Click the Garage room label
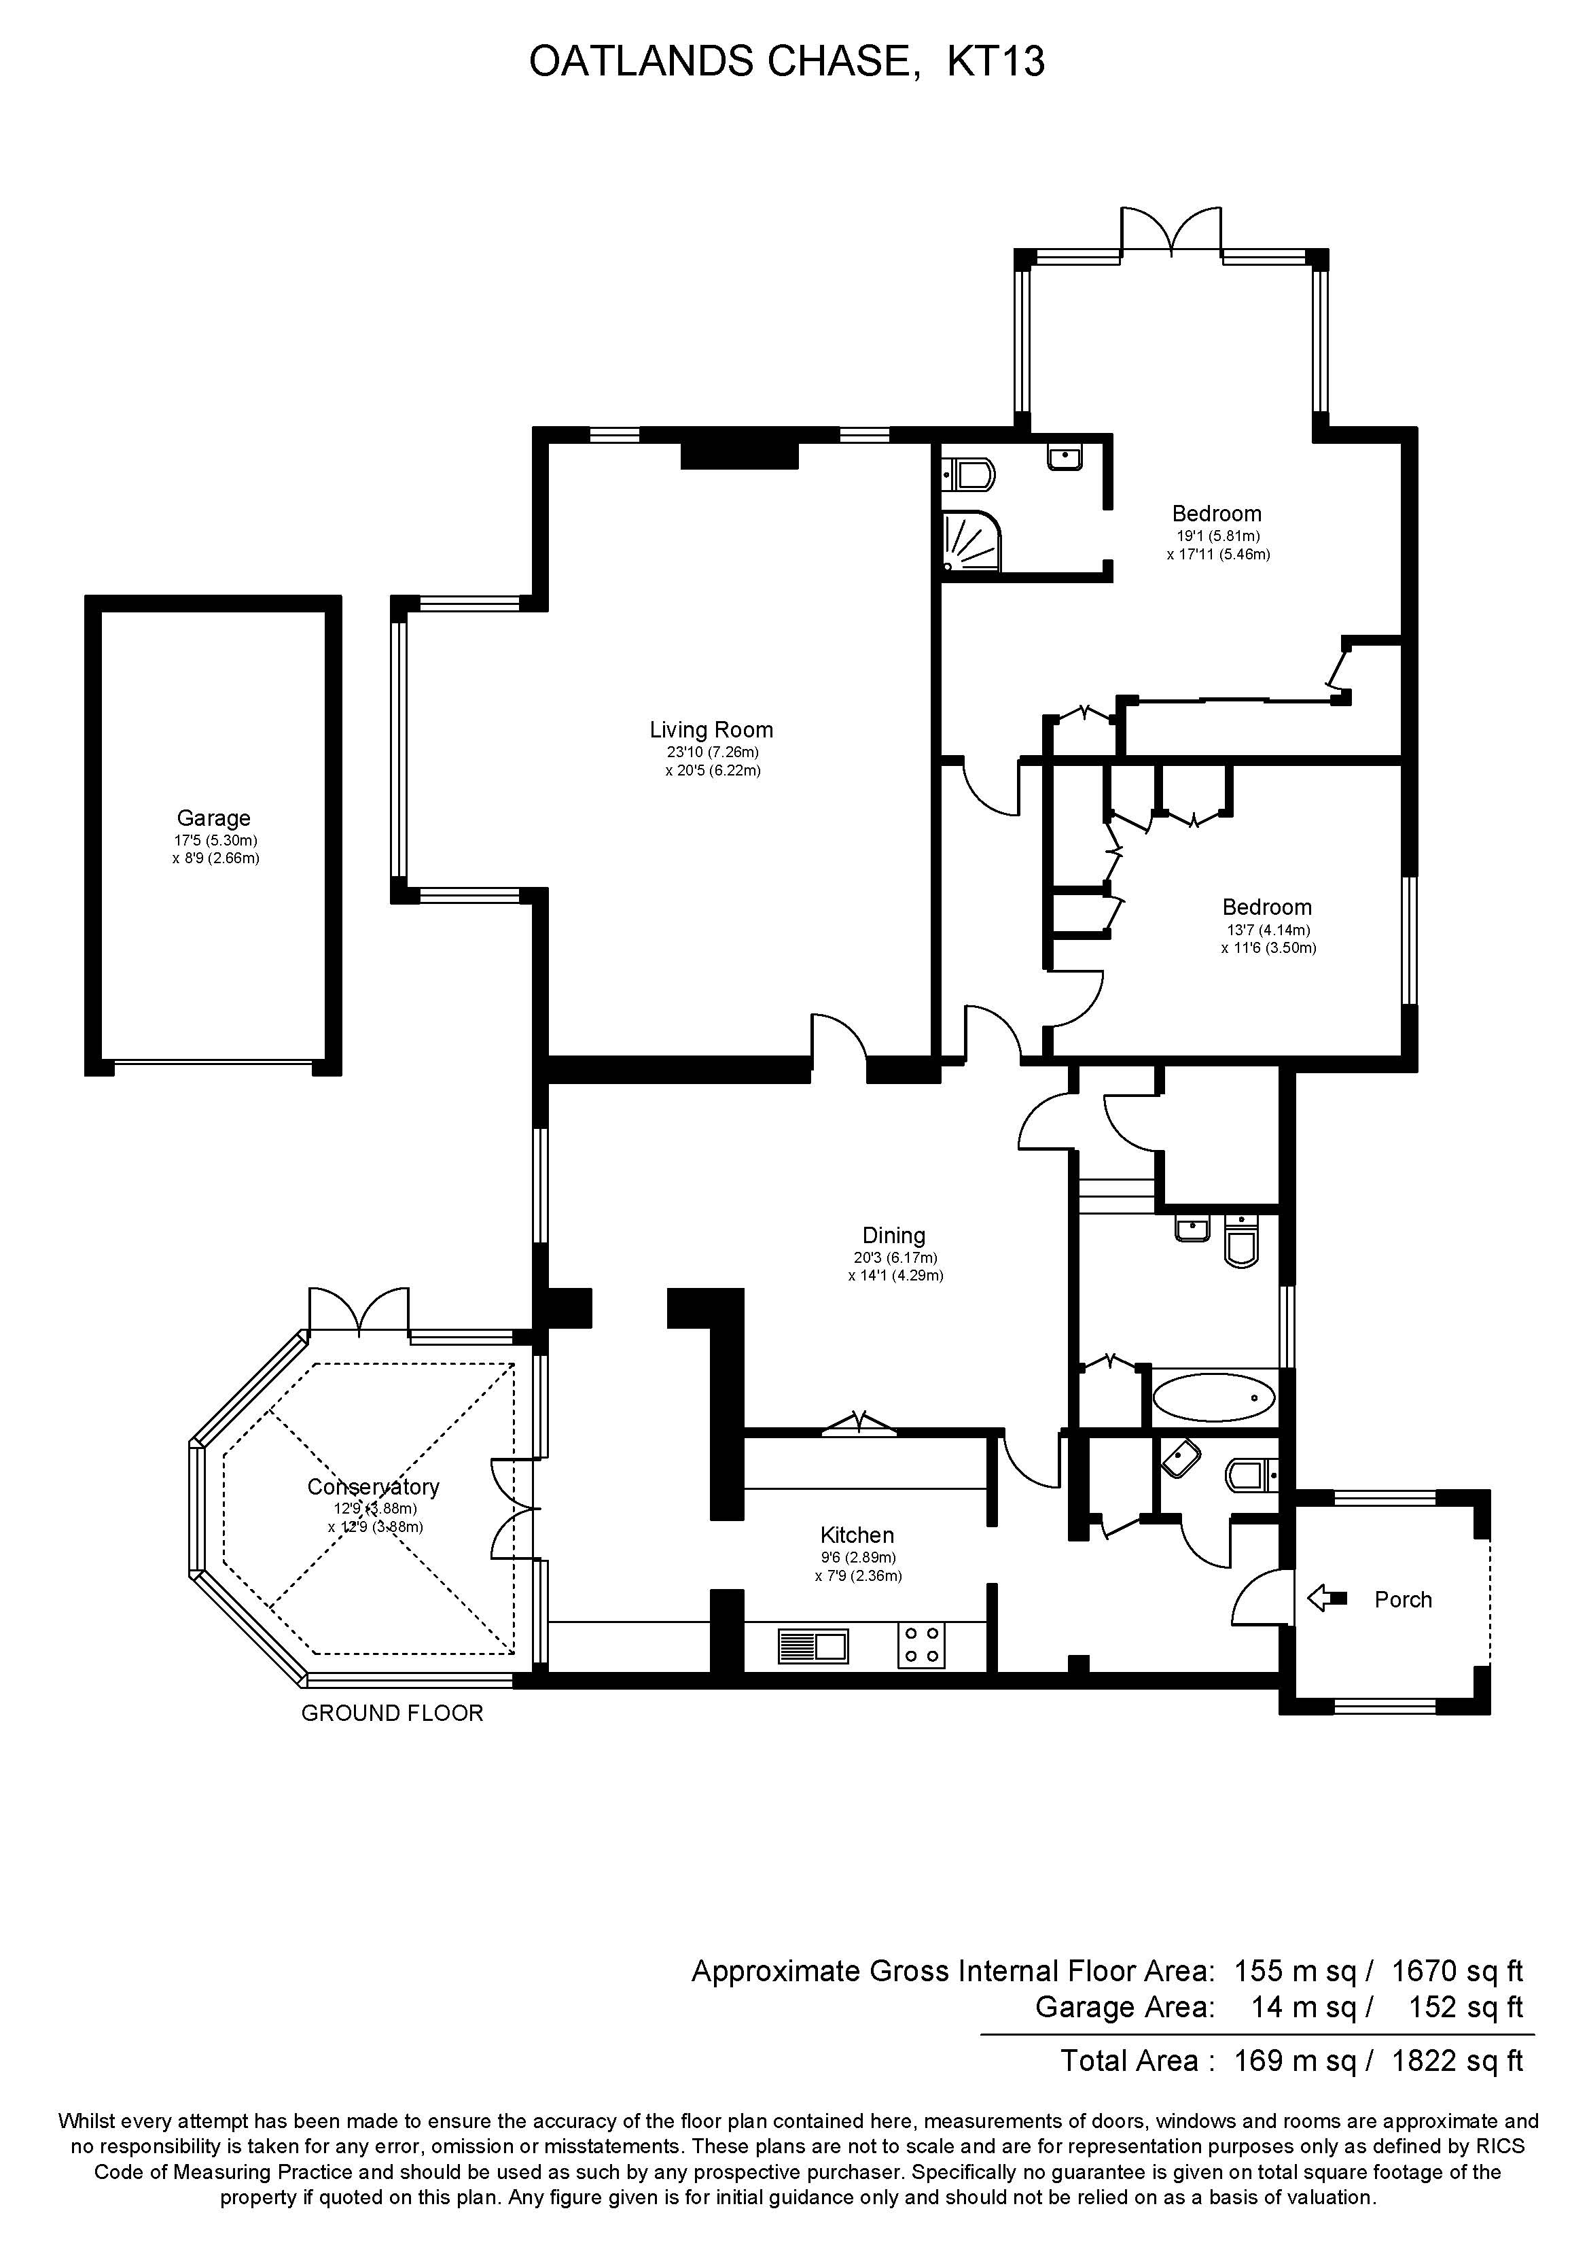point(213,818)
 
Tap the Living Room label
point(711,730)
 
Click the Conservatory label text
point(373,1487)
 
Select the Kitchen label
point(857,1535)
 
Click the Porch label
point(1402,1599)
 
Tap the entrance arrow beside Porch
point(1327,1599)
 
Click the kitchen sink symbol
point(813,1645)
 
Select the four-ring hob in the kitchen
point(921,1645)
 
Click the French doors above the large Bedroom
point(1171,233)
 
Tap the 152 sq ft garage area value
point(1465,2007)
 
